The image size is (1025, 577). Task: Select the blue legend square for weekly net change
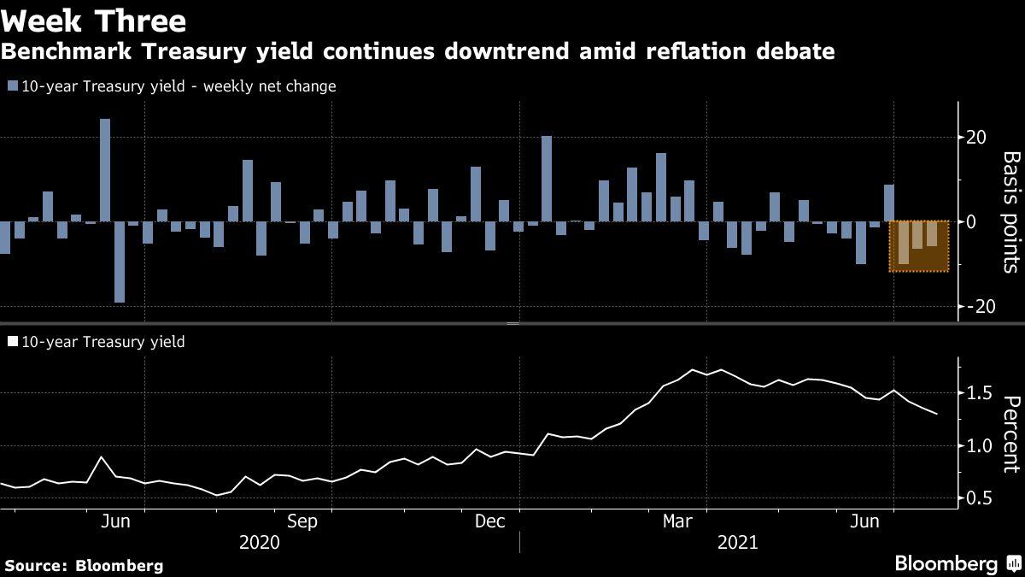[x=11, y=86]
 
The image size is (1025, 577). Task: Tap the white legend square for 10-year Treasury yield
[x=11, y=342]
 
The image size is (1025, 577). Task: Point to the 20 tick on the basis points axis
[x=976, y=138]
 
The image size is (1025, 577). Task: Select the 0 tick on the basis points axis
[x=972, y=221]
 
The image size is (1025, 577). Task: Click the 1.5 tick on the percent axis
[x=978, y=393]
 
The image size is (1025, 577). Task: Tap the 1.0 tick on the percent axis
[x=978, y=445]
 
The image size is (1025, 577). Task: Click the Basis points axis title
[x=1010, y=212]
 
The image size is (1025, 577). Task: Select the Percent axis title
[x=1010, y=434]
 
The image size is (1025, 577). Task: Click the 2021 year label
[x=738, y=542]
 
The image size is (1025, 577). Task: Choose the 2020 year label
[x=260, y=542]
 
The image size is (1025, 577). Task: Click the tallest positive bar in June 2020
[x=105, y=170]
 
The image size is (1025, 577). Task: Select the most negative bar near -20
[x=120, y=262]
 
